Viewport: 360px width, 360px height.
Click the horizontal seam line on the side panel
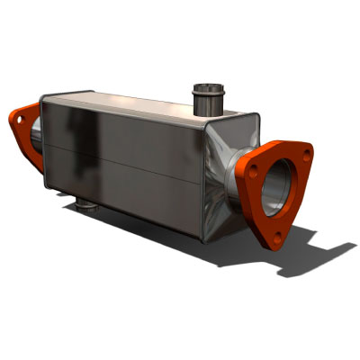click(126, 162)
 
